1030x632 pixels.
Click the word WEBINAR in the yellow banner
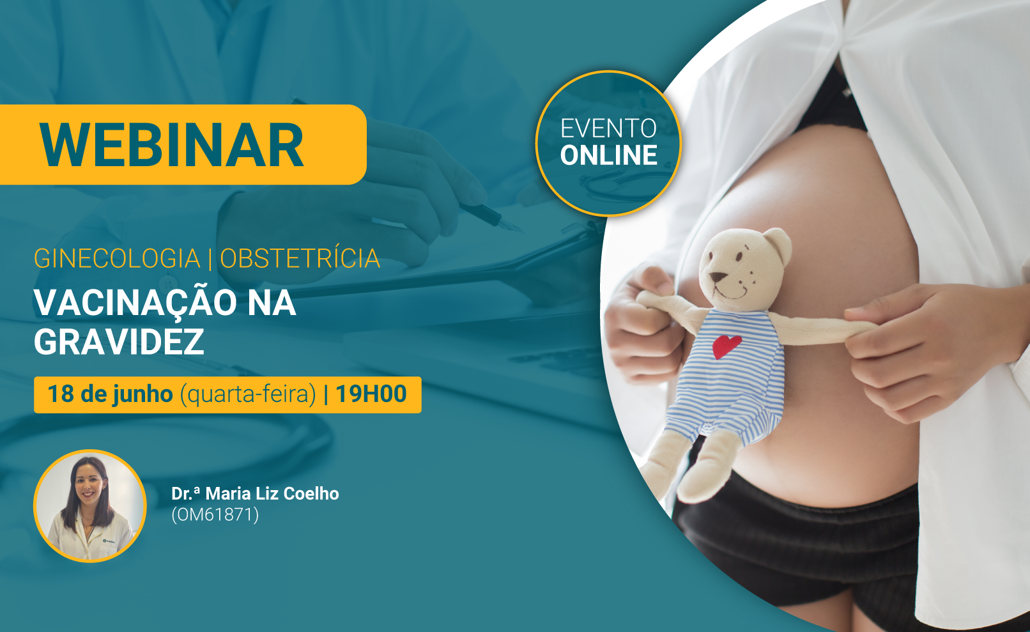(171, 145)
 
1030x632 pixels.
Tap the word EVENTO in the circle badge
(608, 128)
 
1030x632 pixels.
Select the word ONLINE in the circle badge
(608, 155)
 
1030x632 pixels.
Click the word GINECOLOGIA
(117, 258)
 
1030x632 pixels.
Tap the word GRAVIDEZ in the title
(119, 342)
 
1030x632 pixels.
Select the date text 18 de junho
(110, 394)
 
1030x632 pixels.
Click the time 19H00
(371, 394)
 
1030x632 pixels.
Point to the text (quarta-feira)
(249, 395)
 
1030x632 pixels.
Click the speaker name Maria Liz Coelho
(272, 493)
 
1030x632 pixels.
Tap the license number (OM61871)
(215, 514)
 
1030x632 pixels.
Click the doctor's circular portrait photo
(90, 506)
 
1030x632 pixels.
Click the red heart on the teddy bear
(726, 346)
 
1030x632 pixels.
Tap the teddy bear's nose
(717, 277)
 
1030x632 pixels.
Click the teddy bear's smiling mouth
(730, 293)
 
